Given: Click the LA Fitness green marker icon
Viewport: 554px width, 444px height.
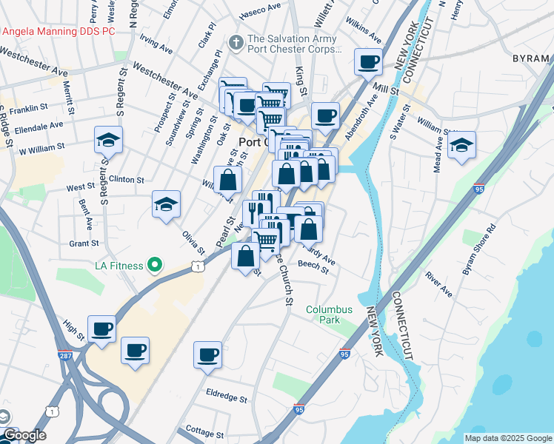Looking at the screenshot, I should pyautogui.click(x=155, y=264).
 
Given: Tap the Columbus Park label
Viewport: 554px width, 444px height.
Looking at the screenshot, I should pyautogui.click(x=329, y=314).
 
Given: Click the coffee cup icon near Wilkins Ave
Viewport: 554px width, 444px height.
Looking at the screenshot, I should pyautogui.click(x=367, y=63).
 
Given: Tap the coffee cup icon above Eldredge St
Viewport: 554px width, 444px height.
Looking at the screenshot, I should pyautogui.click(x=208, y=354).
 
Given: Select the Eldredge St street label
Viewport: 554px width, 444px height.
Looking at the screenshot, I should pyautogui.click(x=227, y=398).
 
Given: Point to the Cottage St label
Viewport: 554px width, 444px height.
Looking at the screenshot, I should pyautogui.click(x=204, y=431).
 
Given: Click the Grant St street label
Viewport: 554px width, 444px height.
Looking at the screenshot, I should pyautogui.click(x=84, y=243).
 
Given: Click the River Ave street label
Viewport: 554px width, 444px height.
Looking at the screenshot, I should pyautogui.click(x=438, y=285).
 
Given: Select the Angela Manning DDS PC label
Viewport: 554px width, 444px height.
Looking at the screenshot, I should pyautogui.click(x=59, y=32).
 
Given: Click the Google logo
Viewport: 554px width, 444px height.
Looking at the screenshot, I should pyautogui.click(x=24, y=435).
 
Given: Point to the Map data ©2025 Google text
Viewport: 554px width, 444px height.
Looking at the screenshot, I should pyautogui.click(x=508, y=438).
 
